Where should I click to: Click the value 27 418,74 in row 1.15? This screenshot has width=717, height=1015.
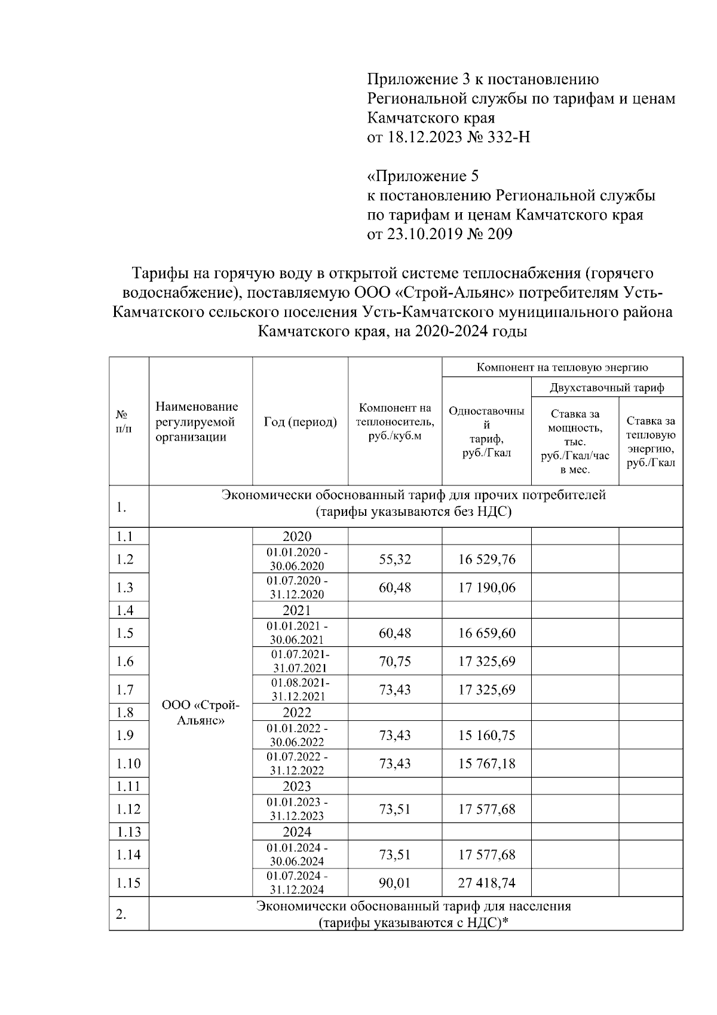pos(486,883)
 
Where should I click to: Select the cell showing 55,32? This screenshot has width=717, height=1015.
pos(395,559)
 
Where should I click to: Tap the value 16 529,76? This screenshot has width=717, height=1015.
pos(486,559)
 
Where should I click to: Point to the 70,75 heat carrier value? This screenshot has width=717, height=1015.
pos(395,661)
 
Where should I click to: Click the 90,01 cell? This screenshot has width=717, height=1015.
pos(395,883)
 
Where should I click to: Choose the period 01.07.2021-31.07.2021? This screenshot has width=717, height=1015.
pos(300,661)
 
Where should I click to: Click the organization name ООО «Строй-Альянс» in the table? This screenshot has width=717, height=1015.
pos(200,713)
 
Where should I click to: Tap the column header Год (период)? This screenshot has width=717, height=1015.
pos(300,422)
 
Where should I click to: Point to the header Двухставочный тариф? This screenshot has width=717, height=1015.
pos(606,388)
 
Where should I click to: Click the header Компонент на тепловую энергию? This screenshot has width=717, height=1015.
pos(562,367)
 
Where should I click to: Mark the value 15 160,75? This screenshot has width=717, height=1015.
pos(486,735)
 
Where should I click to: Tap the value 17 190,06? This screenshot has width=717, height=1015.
pos(486,588)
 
